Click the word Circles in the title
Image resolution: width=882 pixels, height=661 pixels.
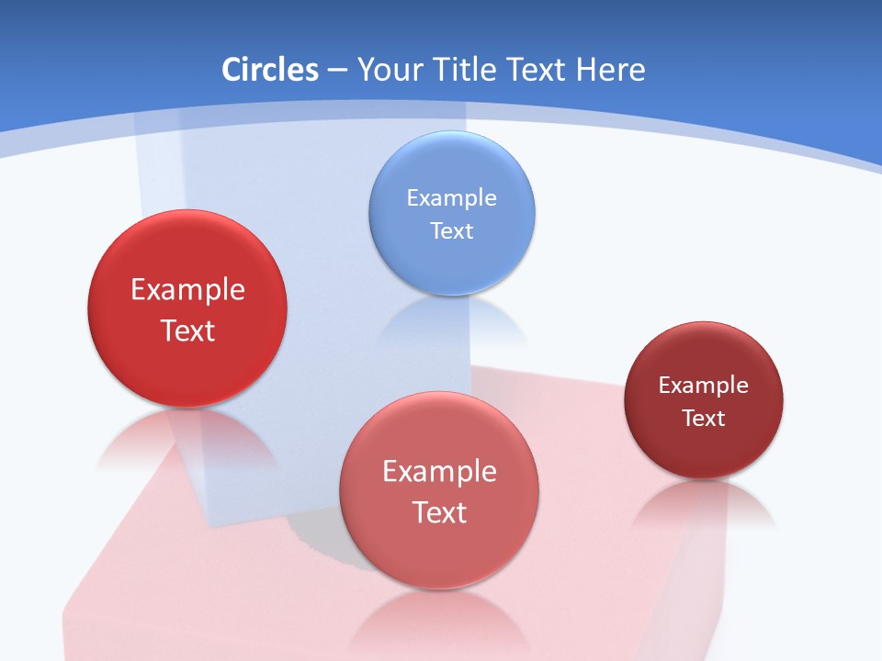point(270,70)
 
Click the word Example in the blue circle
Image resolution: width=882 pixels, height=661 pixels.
point(451,197)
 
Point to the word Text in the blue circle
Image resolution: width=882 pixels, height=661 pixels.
point(451,230)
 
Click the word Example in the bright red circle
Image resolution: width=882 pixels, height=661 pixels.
point(187,289)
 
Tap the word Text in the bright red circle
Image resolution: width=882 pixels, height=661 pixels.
point(187,330)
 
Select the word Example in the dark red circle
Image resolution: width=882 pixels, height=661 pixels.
point(704,386)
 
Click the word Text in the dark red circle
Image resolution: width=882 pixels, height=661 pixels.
point(704,419)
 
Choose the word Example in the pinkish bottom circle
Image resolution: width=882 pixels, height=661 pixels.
point(439,471)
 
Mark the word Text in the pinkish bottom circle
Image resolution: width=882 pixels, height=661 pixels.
point(439,512)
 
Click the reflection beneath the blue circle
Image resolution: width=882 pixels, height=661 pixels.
point(451,321)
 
